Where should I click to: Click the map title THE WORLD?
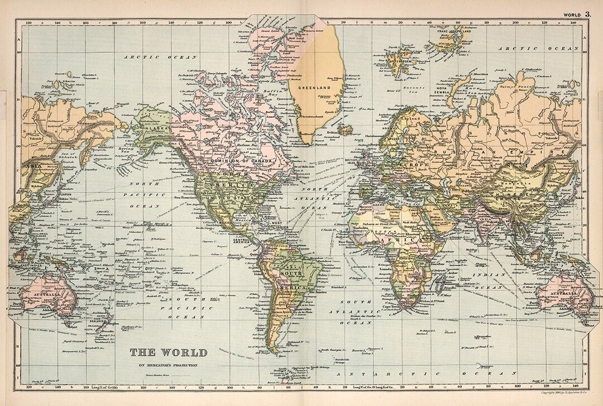click(x=168, y=352)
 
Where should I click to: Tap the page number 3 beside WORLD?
click(x=587, y=14)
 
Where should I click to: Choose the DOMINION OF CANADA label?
click(x=242, y=161)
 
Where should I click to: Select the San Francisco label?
click(x=186, y=198)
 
